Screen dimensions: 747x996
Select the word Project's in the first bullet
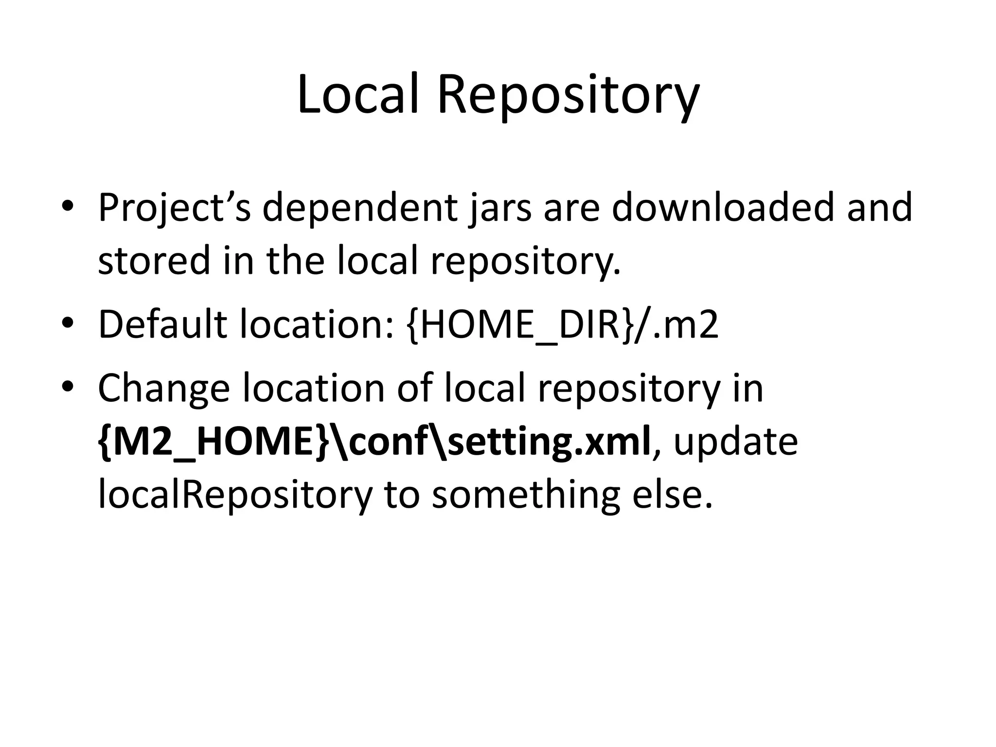pyautogui.click(x=174, y=208)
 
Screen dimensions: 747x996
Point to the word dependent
pyautogui.click(x=359, y=208)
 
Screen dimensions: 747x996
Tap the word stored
pyautogui.click(x=153, y=260)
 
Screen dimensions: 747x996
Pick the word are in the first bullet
pyautogui.click(x=571, y=208)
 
